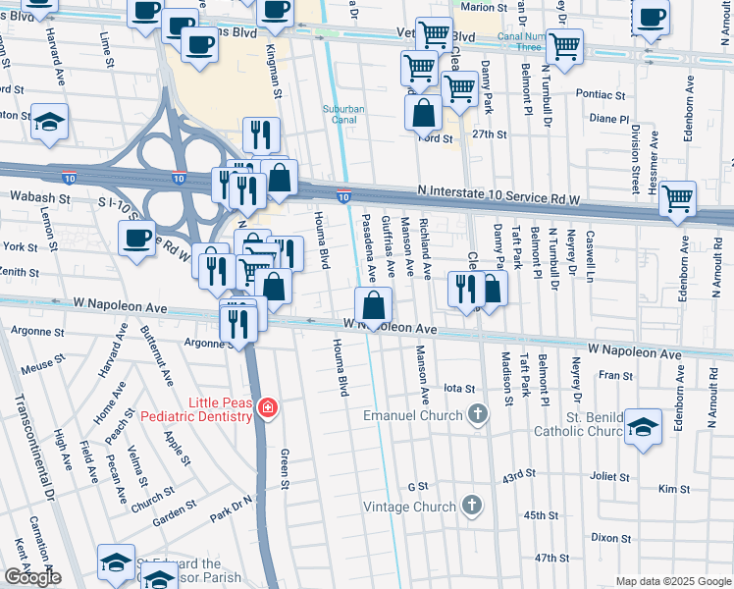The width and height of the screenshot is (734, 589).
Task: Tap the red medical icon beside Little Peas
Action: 266,407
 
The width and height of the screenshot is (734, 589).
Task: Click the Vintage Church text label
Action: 409,507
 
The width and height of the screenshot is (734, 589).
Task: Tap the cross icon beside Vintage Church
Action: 472,507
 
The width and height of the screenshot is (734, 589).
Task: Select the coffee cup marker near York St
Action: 137,238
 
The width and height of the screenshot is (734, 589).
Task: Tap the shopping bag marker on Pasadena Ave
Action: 373,306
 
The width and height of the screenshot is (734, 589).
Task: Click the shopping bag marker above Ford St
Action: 423,113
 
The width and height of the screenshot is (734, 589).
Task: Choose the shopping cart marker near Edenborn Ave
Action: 677,198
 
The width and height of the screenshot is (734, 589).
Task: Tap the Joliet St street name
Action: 609,477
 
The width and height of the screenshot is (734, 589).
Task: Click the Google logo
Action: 31,576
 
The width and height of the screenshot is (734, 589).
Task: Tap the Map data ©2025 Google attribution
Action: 672,581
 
